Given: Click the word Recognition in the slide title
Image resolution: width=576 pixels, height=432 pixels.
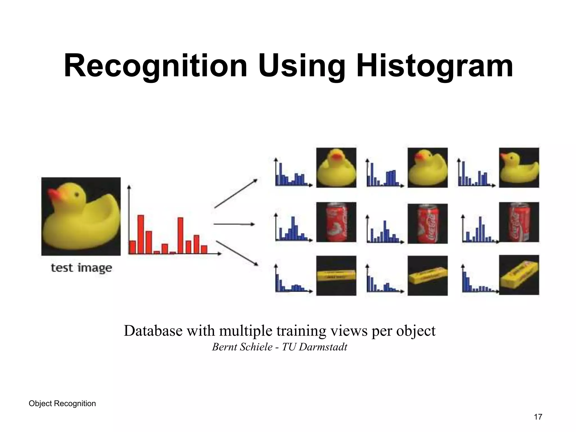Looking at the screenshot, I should coord(156,66).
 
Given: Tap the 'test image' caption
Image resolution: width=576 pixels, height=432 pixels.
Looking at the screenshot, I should coord(81,268).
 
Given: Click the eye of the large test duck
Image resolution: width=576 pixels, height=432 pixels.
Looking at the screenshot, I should coord(76,194).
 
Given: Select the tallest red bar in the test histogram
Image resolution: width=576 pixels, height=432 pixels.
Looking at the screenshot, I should coord(141,234).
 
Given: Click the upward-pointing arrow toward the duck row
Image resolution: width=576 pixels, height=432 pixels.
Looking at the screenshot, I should coord(236,193).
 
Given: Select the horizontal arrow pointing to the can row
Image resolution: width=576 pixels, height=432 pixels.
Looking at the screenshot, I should coord(234,224).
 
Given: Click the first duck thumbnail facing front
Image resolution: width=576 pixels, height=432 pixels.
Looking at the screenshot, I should coord(336,168).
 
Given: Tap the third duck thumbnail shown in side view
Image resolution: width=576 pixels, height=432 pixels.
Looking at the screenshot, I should coord(519,168).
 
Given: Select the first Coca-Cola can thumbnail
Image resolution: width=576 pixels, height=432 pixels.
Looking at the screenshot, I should coord(336,222).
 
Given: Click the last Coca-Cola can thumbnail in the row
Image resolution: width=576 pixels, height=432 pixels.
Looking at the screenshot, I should coord(519,222).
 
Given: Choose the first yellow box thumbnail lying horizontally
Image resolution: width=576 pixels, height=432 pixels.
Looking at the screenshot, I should coord(336,275).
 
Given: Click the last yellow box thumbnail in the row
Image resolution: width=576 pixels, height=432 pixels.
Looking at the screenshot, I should coord(519,275).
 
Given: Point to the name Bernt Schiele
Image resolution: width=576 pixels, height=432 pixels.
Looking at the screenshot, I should coord(242,347).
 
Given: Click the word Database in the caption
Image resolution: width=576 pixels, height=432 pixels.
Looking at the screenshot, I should coord(153,331).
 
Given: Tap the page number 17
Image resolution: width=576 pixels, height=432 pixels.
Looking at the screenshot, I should coord(538,417).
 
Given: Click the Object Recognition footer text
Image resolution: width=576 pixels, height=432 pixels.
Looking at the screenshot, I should coord(62,404).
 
